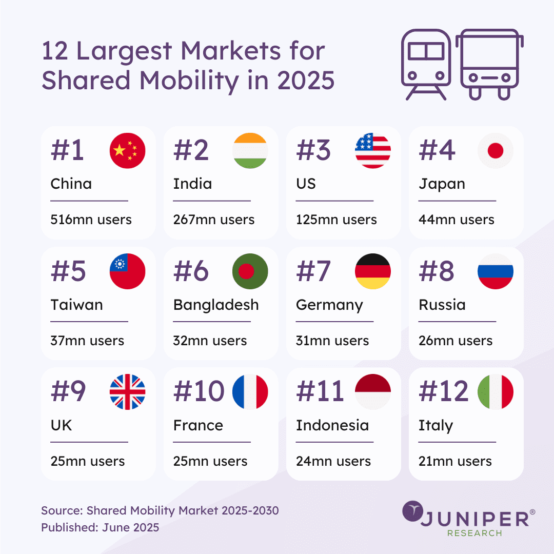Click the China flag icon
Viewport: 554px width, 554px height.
click(127, 151)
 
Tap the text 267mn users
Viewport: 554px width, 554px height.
click(213, 220)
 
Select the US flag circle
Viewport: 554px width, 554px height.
click(372, 151)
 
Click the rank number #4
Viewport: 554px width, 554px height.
click(437, 151)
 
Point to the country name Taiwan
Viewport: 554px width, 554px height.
click(76, 305)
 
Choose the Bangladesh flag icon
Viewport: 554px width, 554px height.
click(250, 271)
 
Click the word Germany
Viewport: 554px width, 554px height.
click(329, 305)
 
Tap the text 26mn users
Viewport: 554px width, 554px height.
click(456, 341)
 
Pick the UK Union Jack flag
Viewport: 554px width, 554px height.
click(127, 392)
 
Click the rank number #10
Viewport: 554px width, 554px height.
click(199, 392)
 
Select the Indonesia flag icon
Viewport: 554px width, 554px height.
click(372, 392)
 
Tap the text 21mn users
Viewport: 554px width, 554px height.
click(456, 461)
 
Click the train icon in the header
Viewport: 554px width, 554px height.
click(426, 64)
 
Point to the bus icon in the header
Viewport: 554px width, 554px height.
click(489, 64)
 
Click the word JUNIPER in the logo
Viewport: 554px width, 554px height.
click(474, 519)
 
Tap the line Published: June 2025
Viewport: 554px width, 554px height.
click(100, 527)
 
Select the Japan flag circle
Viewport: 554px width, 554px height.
click(495, 151)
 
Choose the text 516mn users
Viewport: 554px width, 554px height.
click(91, 220)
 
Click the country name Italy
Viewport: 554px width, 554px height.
click(436, 426)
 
